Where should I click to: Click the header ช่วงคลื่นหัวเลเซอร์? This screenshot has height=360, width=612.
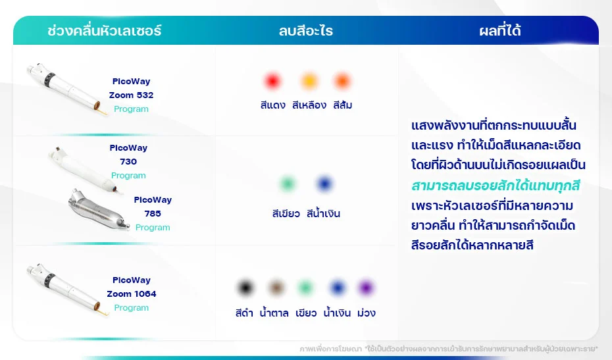pyautogui.click(x=105, y=31)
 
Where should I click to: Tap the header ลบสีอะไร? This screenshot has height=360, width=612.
pyautogui.click(x=306, y=31)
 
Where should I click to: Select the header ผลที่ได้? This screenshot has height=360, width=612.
pyautogui.click(x=500, y=31)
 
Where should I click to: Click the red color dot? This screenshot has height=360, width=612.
pyautogui.click(x=272, y=82)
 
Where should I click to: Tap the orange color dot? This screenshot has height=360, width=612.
pyautogui.click(x=342, y=82)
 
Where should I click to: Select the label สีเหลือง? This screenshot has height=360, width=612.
pyautogui.click(x=309, y=105)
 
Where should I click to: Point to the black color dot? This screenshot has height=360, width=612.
pyautogui.click(x=245, y=288)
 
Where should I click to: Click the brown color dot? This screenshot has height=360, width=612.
pyautogui.click(x=276, y=288)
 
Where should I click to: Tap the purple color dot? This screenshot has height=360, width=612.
pyautogui.click(x=366, y=288)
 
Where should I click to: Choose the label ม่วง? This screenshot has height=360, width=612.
pyautogui.click(x=366, y=313)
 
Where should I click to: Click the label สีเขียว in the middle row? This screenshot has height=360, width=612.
pyautogui.click(x=286, y=214)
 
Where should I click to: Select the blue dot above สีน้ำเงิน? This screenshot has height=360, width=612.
pyautogui.click(x=324, y=184)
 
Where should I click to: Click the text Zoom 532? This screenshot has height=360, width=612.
pyautogui.click(x=131, y=95)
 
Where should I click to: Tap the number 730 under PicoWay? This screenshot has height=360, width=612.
pyautogui.click(x=128, y=162)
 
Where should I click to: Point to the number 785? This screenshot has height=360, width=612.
pyautogui.click(x=153, y=214)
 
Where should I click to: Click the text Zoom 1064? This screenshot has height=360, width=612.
pyautogui.click(x=132, y=294)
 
